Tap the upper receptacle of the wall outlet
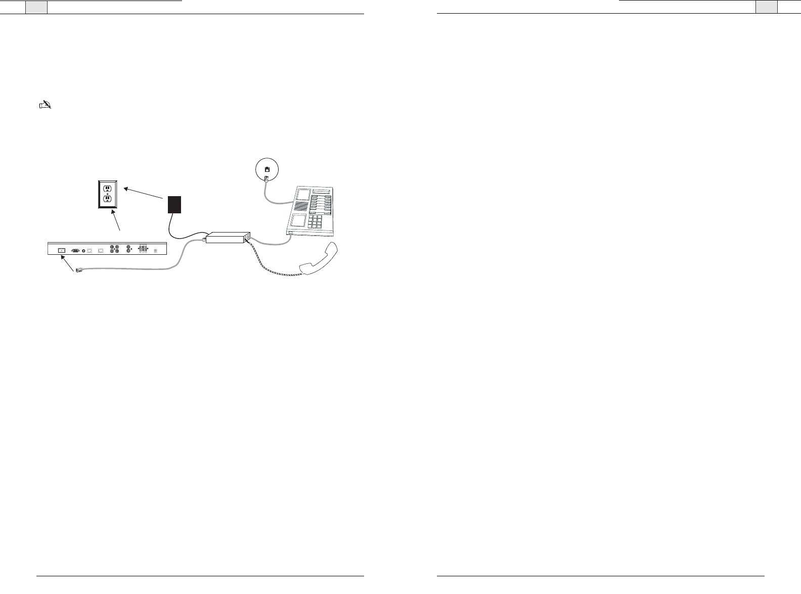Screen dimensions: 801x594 (x=107, y=189)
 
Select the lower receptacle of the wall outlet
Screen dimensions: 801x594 (x=107, y=199)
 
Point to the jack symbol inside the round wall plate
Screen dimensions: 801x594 (x=267, y=170)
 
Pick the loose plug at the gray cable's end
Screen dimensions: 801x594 (x=79, y=271)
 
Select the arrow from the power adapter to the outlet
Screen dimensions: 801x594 (x=145, y=194)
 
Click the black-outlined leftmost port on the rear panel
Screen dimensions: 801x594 (x=62, y=250)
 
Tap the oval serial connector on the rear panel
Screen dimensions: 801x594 (x=75, y=250)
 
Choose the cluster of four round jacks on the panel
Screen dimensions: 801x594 (x=114, y=249)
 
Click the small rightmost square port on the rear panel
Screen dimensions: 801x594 (x=155, y=250)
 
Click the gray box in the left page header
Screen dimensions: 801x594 (x=36, y=7)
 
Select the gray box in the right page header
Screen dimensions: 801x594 (x=766, y=7)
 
